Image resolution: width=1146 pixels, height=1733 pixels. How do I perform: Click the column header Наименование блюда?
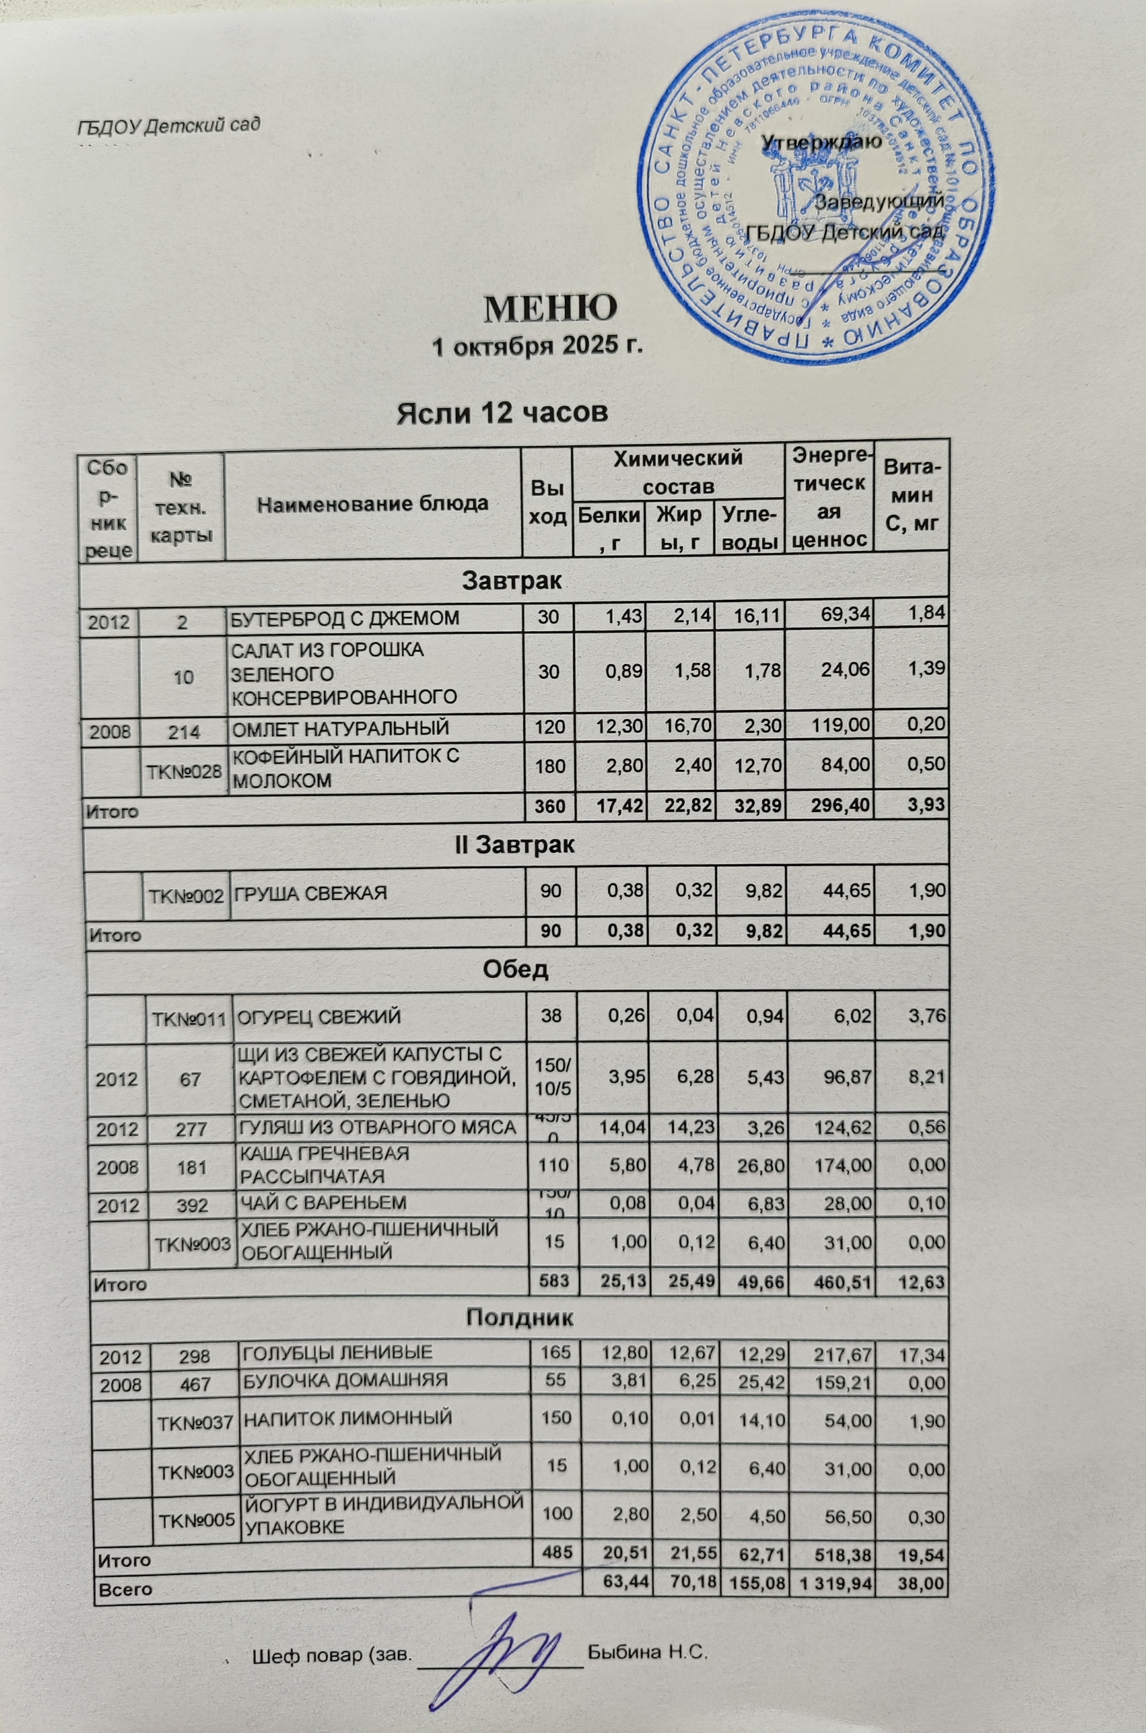click(373, 503)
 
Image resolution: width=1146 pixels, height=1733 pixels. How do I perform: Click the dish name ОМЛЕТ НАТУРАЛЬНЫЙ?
click(339, 728)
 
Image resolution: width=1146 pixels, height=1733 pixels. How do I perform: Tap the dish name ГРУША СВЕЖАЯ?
click(309, 892)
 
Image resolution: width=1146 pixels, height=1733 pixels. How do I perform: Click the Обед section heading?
click(515, 969)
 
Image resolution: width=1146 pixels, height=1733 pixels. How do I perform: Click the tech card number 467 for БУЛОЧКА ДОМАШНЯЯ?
click(195, 1384)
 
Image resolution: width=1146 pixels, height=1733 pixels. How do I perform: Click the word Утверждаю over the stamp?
click(822, 142)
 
